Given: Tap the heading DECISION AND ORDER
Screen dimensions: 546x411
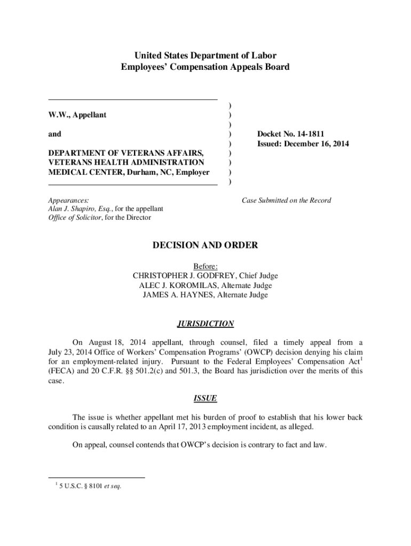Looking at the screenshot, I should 205,245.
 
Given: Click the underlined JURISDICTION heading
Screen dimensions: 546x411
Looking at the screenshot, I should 205,324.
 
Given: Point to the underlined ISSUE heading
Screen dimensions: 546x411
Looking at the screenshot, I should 205,399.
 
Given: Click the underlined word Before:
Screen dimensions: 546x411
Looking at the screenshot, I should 205,266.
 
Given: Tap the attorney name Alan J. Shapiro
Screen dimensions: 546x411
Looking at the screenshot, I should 71,209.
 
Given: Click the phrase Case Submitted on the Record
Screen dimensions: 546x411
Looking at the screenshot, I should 286,200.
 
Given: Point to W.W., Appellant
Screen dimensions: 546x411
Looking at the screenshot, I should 78,115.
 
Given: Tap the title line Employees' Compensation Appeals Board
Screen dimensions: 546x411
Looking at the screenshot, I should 205,67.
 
